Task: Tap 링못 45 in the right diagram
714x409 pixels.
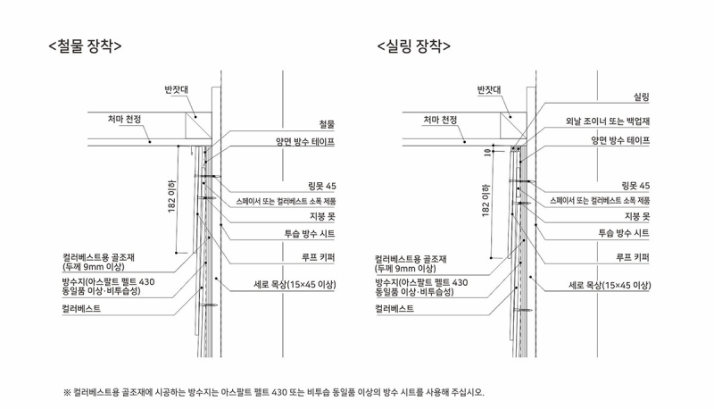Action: pos(635,185)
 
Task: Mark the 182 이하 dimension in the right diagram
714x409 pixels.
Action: pos(486,200)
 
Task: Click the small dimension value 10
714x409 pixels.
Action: pos(486,152)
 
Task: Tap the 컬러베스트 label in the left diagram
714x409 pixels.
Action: pos(81,308)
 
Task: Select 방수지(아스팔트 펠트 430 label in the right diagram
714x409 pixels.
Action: pos(420,282)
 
